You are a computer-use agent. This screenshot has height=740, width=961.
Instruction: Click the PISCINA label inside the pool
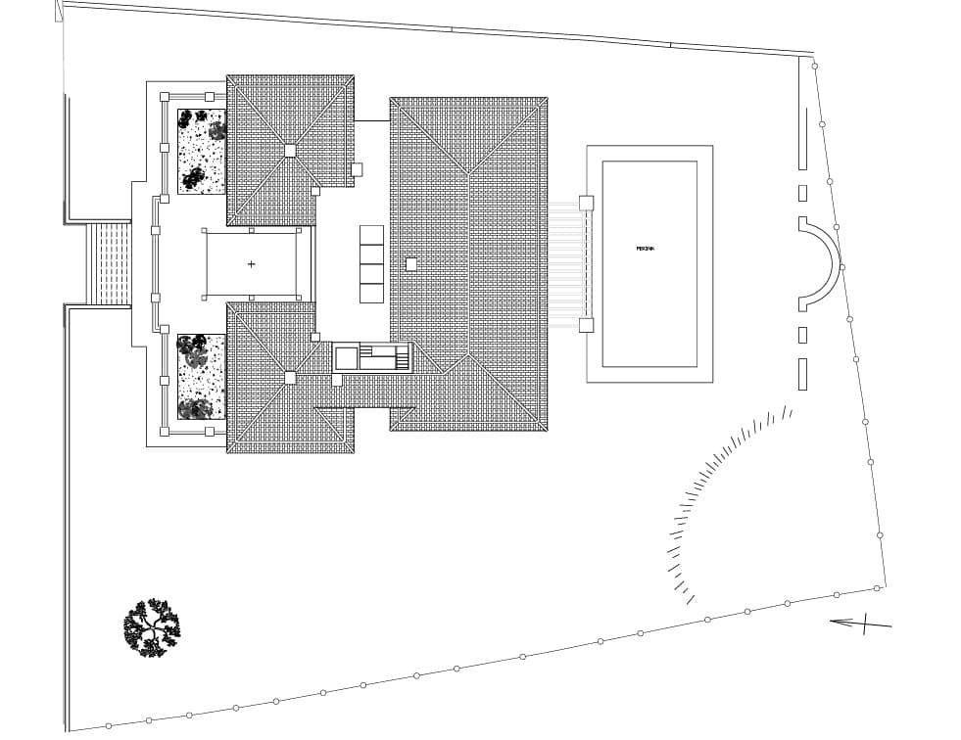pyautogui.click(x=645, y=249)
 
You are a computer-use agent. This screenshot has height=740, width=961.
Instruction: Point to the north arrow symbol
pyautogui.click(x=861, y=622)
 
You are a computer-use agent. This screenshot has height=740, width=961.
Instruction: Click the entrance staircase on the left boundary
pyautogui.click(x=109, y=263)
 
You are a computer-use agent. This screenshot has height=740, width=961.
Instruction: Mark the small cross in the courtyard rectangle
pyautogui.click(x=252, y=264)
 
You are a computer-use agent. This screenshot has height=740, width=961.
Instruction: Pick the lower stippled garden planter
pyautogui.click(x=202, y=377)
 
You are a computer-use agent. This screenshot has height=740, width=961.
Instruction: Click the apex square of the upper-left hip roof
pyautogui.click(x=290, y=150)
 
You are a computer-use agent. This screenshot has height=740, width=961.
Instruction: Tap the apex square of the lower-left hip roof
pyautogui.click(x=290, y=377)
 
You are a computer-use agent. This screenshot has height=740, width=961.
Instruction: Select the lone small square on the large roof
pyautogui.click(x=411, y=263)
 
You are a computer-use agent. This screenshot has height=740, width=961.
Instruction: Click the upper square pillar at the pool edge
pyautogui.click(x=586, y=203)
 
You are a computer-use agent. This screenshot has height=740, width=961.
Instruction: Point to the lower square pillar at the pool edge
pyautogui.click(x=586, y=325)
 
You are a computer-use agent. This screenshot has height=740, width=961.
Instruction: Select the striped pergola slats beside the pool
pyautogui.click(x=566, y=264)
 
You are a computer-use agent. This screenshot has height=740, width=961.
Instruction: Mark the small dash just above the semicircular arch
pyautogui.click(x=802, y=193)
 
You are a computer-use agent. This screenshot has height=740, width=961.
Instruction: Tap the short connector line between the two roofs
pyautogui.click(x=372, y=120)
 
